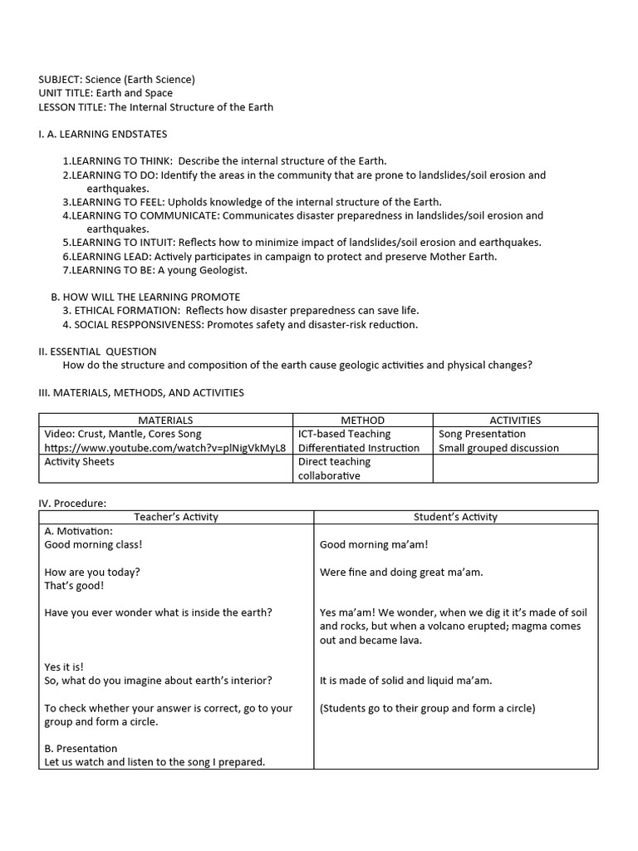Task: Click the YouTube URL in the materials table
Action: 165,448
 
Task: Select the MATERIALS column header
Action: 165,421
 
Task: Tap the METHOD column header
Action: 362,421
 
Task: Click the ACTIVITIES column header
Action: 514,421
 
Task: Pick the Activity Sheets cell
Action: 80,462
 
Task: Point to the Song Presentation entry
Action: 482,434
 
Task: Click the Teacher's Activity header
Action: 176,517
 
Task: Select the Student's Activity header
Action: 455,517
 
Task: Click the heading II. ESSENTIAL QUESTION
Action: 97,352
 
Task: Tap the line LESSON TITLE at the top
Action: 155,107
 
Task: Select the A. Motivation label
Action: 78,531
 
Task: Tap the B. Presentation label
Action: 81,749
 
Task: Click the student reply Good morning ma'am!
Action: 374,545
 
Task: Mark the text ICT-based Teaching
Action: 344,434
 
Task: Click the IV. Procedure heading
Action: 73,503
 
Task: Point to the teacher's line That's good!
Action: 74,586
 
